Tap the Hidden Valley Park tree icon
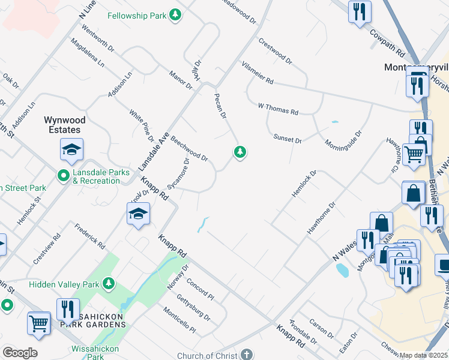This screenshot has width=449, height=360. click(x=109, y=282)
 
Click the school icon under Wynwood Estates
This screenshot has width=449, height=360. click(x=71, y=150)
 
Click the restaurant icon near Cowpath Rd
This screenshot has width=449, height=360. click(x=360, y=11)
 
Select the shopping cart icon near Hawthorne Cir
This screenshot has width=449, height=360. click(x=414, y=154)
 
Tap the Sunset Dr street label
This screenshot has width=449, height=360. click(x=288, y=139)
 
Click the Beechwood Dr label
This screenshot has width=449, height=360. click(x=189, y=149)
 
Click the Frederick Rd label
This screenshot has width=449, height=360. click(x=90, y=237)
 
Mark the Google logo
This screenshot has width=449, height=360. click(x=20, y=353)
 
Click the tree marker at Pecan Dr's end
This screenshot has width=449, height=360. click(x=240, y=152)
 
